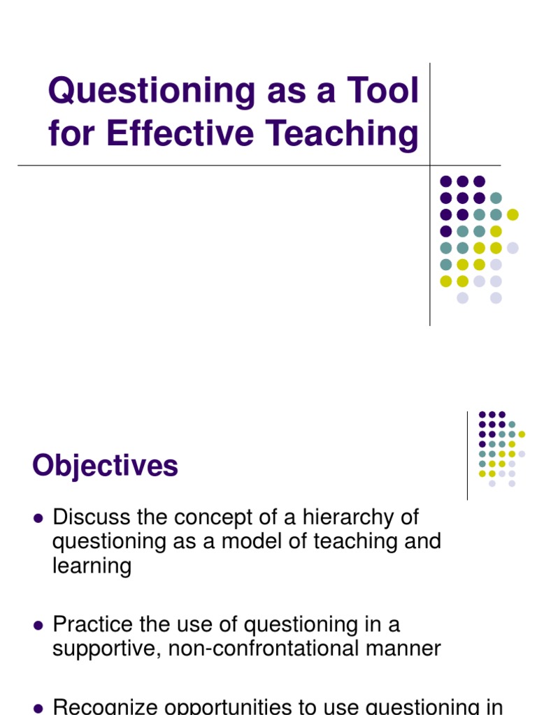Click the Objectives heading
coord(105,466)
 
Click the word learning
coord(92,566)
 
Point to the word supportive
coord(107,649)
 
